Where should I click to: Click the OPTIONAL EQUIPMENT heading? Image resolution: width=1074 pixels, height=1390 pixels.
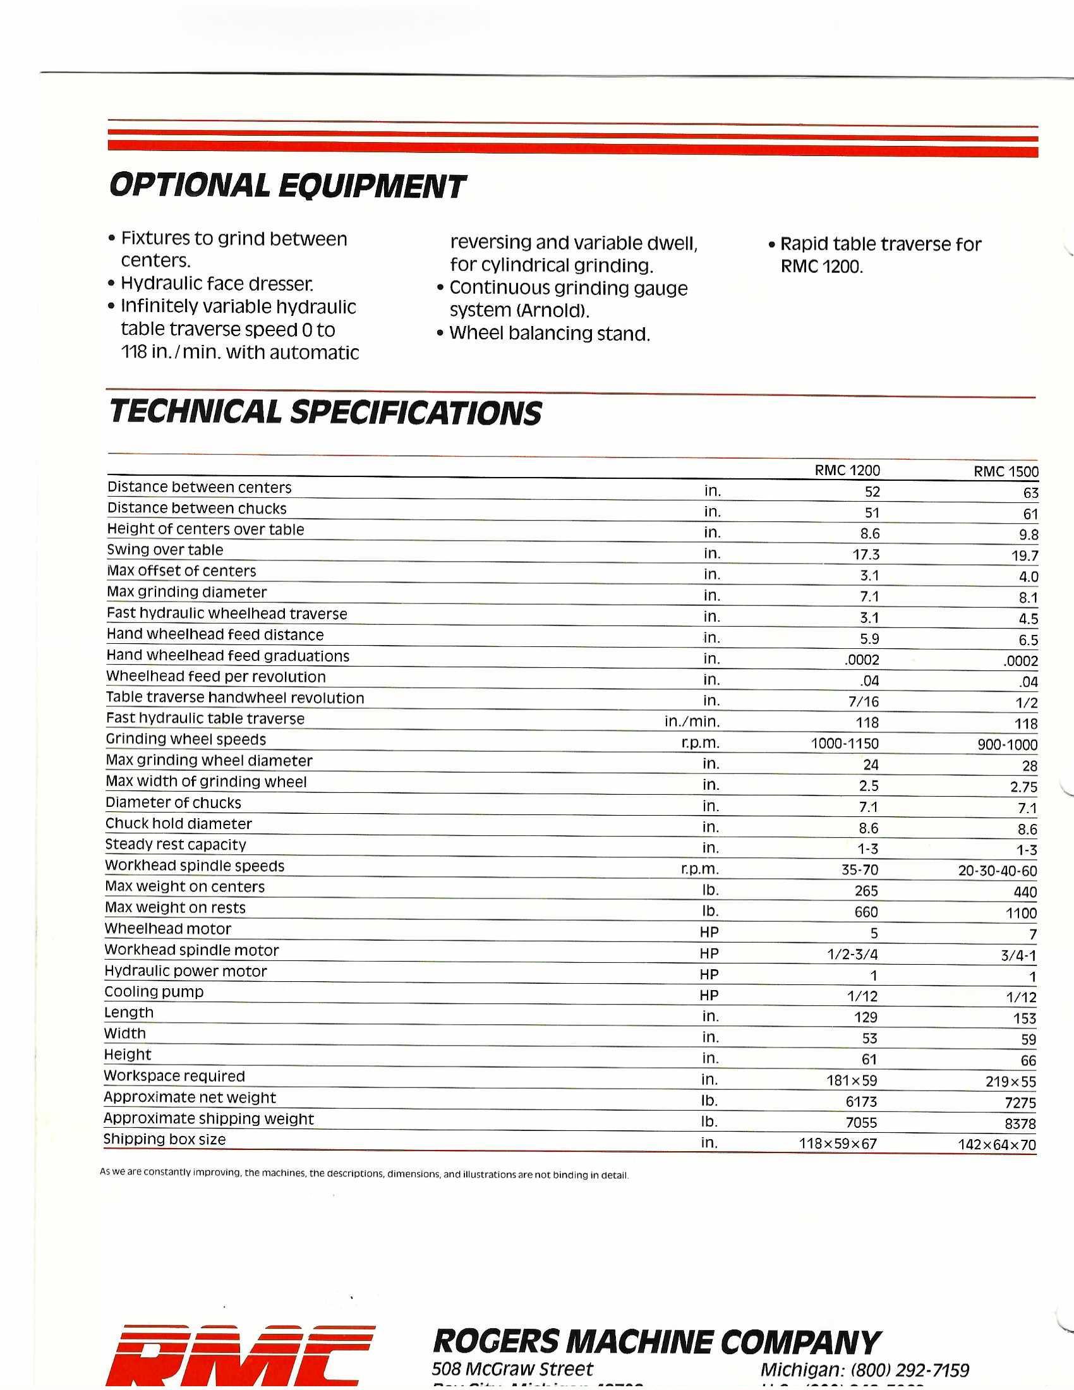click(287, 187)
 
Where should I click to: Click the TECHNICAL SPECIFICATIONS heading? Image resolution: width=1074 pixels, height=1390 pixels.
click(325, 413)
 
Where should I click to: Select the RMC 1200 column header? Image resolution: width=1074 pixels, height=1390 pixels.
click(847, 471)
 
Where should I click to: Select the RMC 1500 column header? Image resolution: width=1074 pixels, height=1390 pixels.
click(1006, 472)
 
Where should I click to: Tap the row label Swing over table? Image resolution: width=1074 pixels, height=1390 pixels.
click(165, 550)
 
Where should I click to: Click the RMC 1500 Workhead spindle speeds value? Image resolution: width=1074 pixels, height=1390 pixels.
click(997, 871)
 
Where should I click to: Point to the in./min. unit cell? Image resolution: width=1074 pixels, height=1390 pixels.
click(692, 722)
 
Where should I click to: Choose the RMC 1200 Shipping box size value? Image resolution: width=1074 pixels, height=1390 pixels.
click(837, 1144)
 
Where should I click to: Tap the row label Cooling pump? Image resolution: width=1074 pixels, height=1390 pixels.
click(154, 991)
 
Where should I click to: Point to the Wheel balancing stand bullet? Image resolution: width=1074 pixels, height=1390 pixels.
click(549, 334)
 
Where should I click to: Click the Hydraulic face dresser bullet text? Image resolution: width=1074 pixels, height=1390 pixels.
click(216, 284)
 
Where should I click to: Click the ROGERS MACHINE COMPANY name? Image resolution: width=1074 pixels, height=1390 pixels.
click(656, 1341)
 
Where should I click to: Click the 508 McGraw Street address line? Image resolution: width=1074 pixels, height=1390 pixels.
click(512, 1369)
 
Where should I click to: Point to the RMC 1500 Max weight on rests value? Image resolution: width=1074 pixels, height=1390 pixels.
click(1021, 914)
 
